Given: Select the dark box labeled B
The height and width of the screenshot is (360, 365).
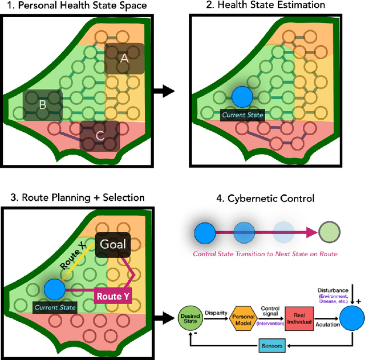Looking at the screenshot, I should (x=42, y=104).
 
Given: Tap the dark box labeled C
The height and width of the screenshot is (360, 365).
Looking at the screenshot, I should (x=100, y=136).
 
